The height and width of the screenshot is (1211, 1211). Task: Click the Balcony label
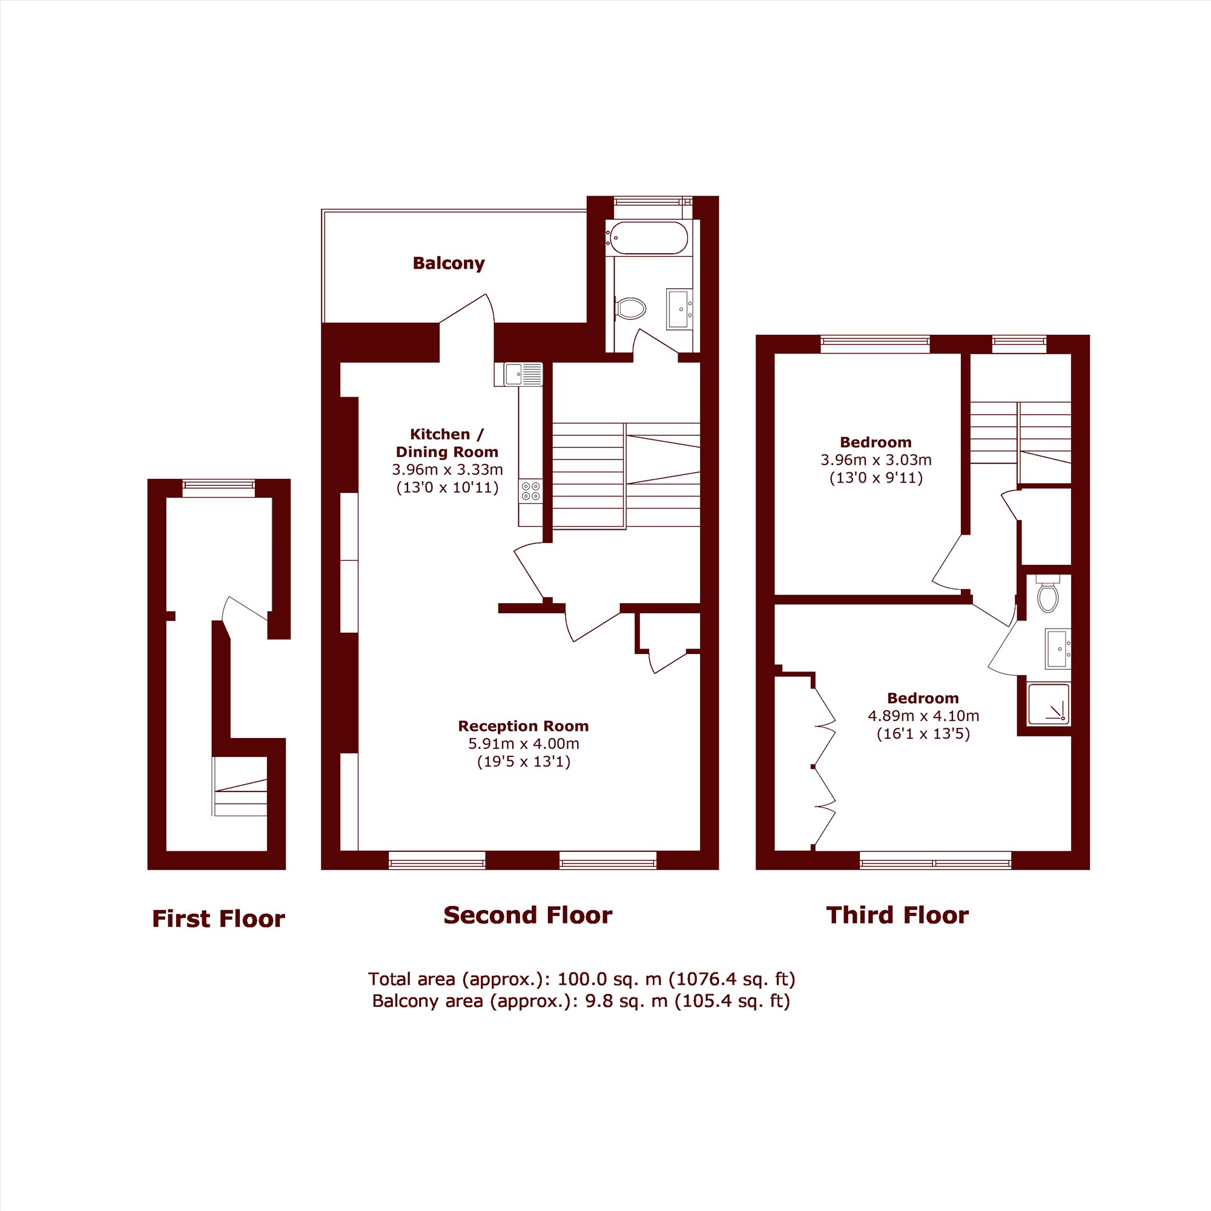(x=449, y=263)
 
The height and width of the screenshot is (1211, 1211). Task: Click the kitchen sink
(x=518, y=374)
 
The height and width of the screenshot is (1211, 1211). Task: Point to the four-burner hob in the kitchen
(x=531, y=490)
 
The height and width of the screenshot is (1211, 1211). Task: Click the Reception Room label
(x=523, y=726)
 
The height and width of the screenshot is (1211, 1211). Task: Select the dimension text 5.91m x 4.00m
(x=523, y=744)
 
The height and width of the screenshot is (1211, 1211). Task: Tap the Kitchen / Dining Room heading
(x=447, y=443)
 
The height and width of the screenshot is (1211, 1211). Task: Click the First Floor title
(x=218, y=919)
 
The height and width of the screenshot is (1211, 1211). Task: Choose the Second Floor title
(x=528, y=915)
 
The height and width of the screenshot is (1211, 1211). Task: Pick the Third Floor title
(x=897, y=915)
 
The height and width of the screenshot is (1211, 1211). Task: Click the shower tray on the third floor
(x=1049, y=704)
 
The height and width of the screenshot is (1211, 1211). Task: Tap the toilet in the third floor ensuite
(x=1048, y=593)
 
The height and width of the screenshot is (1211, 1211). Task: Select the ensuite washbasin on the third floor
(x=1058, y=649)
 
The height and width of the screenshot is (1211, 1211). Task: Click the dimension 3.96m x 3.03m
(x=876, y=460)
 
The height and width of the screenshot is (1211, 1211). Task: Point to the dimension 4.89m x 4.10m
(x=923, y=715)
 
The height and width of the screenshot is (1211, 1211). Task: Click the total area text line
(x=581, y=979)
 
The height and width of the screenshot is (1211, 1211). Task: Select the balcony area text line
(x=581, y=1001)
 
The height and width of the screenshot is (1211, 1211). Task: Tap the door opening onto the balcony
(x=467, y=309)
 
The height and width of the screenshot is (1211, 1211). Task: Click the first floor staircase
(x=240, y=786)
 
